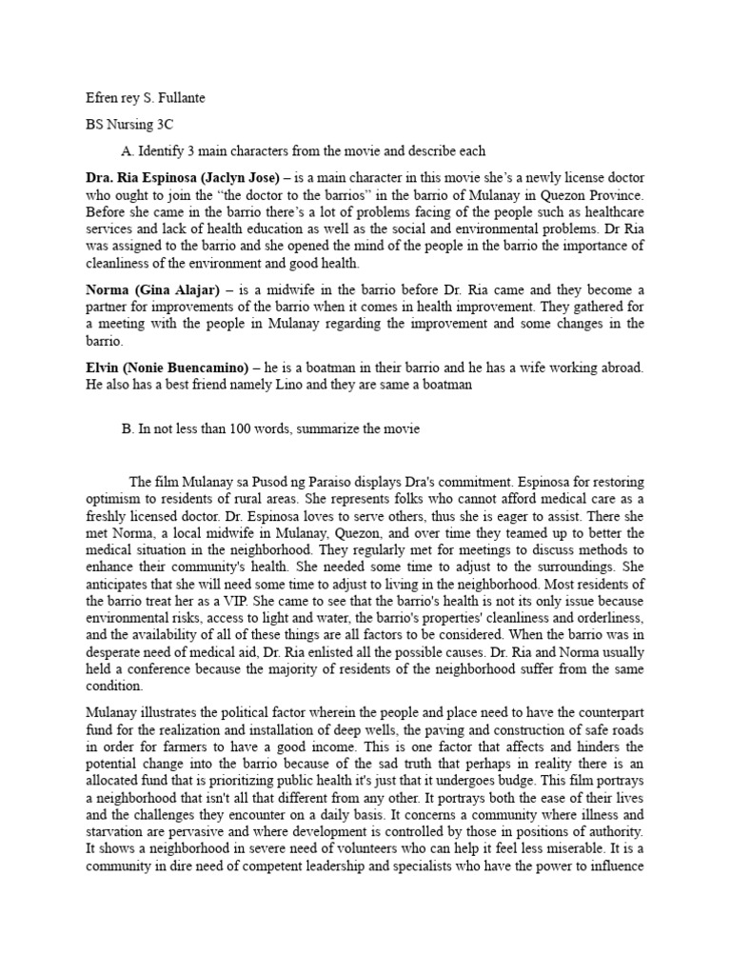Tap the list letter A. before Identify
coord(128,150)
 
